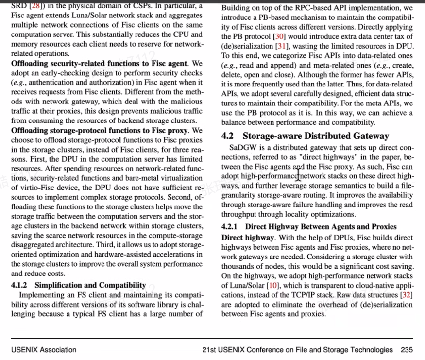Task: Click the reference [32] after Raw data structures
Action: click(407, 295)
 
